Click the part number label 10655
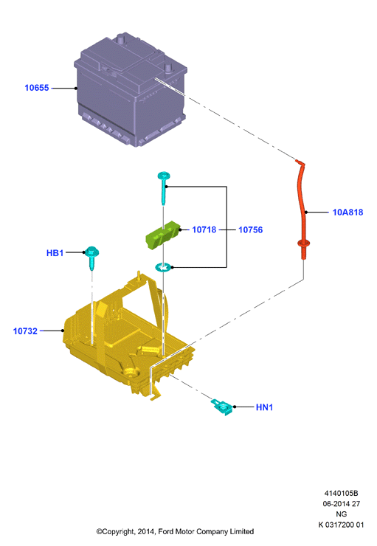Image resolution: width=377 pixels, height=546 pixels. pyautogui.click(x=37, y=88)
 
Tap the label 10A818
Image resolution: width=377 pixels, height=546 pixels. pyautogui.click(x=347, y=212)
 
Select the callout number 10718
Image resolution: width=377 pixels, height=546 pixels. pyautogui.click(x=204, y=229)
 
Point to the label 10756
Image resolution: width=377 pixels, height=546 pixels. pyautogui.click(x=250, y=229)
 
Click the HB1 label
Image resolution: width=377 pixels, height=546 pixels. pyautogui.click(x=55, y=253)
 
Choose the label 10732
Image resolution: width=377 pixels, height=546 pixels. pyautogui.click(x=25, y=331)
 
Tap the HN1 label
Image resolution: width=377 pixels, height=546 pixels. pyautogui.click(x=264, y=407)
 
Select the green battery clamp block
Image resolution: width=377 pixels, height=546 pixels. pyautogui.click(x=162, y=235)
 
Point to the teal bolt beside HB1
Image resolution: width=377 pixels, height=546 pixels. pyautogui.click(x=92, y=258)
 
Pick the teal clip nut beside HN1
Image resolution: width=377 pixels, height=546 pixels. pyautogui.click(x=222, y=407)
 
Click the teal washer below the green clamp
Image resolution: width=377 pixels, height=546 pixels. pyautogui.click(x=163, y=267)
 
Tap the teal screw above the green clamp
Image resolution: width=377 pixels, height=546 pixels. pyautogui.click(x=163, y=187)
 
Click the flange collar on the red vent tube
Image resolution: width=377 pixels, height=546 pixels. pyautogui.click(x=303, y=243)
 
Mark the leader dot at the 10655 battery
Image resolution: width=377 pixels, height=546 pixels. pyautogui.click(x=76, y=88)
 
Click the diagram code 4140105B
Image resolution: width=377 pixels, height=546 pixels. pyautogui.click(x=341, y=493)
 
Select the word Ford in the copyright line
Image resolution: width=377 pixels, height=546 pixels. pyautogui.click(x=166, y=531)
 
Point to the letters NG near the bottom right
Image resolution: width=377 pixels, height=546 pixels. pyautogui.click(x=341, y=514)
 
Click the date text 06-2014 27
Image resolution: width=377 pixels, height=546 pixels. pyautogui.click(x=341, y=503)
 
